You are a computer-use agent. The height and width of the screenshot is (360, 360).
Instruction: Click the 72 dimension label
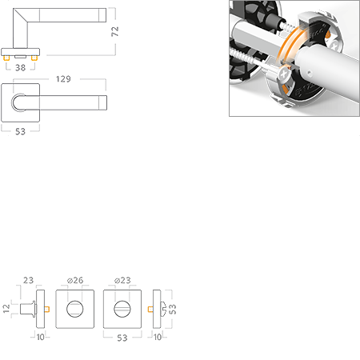click(115, 31)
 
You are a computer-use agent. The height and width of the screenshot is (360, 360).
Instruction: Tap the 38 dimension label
click(21, 68)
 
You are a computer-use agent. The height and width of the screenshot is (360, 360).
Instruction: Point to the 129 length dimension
click(63, 79)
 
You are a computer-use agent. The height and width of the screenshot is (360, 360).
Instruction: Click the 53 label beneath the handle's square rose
click(20, 131)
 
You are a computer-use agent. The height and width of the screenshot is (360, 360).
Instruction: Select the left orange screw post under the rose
click(6, 58)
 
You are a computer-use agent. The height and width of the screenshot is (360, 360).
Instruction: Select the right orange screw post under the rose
click(34, 58)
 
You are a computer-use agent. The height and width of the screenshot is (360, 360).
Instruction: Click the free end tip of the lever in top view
click(106, 102)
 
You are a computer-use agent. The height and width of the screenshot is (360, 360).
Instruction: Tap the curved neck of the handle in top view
click(12, 102)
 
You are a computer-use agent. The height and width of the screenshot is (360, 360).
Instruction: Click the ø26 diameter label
click(75, 280)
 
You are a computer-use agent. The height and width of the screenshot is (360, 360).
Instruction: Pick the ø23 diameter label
click(122, 280)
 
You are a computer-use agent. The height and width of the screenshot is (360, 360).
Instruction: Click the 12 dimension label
click(6, 309)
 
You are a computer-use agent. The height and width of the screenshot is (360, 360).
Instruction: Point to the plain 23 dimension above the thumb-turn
click(28, 280)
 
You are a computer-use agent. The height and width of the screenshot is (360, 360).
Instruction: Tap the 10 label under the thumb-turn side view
click(41, 337)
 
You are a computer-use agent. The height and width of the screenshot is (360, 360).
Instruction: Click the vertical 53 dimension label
click(173, 309)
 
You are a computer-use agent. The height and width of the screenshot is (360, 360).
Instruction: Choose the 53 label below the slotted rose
click(122, 338)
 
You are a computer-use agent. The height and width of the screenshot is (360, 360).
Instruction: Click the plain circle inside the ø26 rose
click(75, 309)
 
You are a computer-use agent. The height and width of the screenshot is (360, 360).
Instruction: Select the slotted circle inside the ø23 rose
click(122, 309)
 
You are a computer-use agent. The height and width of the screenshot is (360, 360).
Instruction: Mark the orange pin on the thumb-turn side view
click(47, 310)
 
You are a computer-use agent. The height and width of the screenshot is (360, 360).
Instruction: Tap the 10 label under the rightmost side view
click(158, 337)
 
